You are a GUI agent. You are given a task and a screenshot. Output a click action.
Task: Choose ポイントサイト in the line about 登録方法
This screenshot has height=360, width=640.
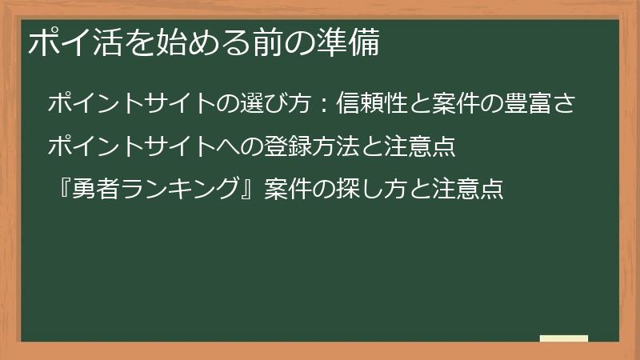(133, 146)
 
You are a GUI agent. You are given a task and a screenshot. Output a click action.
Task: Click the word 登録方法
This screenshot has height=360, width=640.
(296, 146)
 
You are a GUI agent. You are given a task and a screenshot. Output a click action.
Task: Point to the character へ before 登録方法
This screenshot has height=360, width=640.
(230, 146)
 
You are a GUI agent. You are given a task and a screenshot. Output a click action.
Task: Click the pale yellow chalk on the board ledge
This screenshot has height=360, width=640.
(564, 338)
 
